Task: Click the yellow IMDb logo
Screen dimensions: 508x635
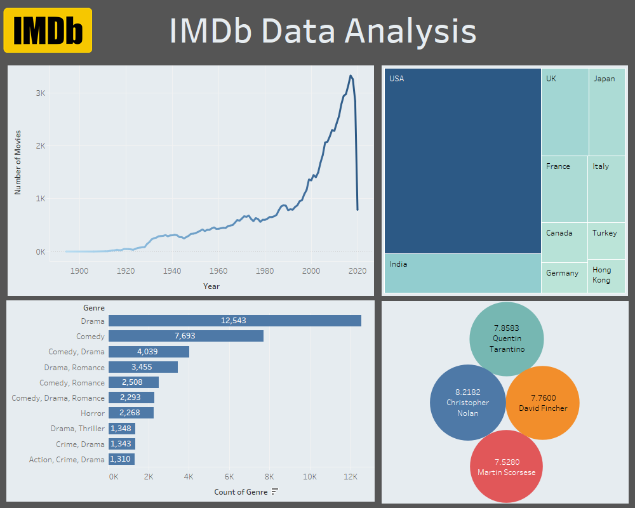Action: [x=48, y=30]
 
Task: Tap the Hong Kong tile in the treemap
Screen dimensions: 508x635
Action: [x=606, y=276]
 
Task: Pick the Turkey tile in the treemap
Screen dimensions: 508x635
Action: [x=606, y=240]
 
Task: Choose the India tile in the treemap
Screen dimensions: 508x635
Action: [x=462, y=273]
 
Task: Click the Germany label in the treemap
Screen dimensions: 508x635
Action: [x=562, y=273]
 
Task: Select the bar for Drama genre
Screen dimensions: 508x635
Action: [x=234, y=321]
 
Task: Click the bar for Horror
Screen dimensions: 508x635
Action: [x=131, y=413]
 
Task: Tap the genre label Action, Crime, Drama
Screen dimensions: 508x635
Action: [x=67, y=459]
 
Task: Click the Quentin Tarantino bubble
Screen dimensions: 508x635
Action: [x=507, y=338]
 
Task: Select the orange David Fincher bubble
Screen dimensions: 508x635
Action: [x=542, y=403]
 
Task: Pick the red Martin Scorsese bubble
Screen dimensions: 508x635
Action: [x=506, y=467]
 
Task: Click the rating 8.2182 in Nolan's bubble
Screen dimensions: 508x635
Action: [x=467, y=392]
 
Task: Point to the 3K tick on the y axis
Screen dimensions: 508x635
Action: [x=40, y=93]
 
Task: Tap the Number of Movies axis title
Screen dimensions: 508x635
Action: [x=18, y=161]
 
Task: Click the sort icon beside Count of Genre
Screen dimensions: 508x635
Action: [x=275, y=491]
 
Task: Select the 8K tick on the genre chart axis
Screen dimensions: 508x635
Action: [x=269, y=476]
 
